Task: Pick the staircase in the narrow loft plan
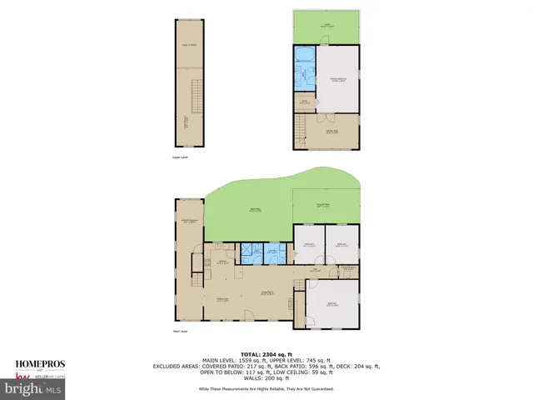(x=196, y=96)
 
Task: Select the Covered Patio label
(x=325, y=205)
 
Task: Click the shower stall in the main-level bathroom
(x=248, y=252)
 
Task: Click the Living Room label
(x=266, y=292)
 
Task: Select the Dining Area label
(x=222, y=299)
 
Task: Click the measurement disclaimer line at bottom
(x=266, y=389)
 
